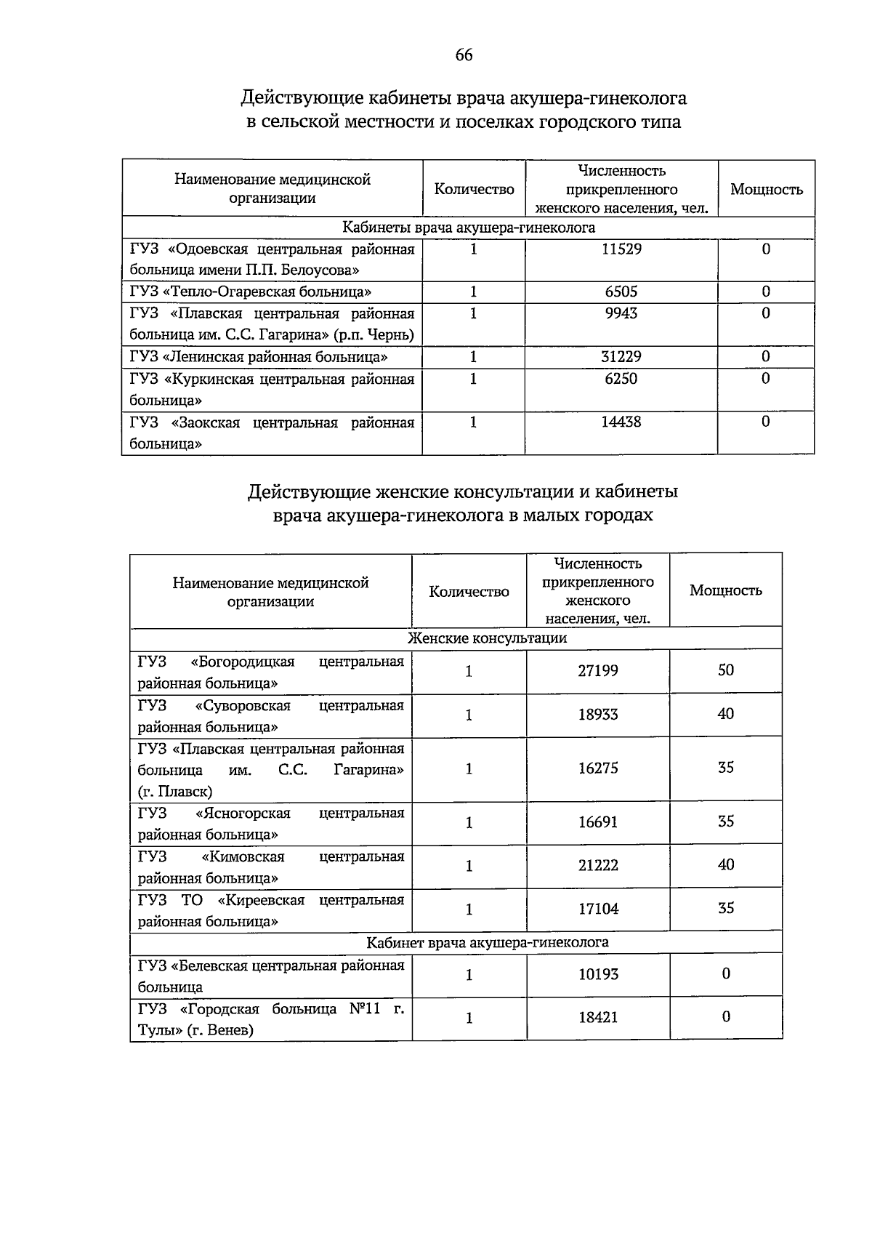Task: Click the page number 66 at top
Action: click(x=464, y=55)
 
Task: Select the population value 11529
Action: click(x=621, y=249)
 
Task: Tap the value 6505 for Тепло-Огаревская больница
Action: click(x=621, y=292)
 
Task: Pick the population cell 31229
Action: click(x=621, y=357)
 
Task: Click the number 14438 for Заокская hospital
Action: click(x=621, y=422)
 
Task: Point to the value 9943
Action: click(x=621, y=313)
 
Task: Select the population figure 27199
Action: click(x=598, y=670)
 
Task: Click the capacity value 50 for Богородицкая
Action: click(x=726, y=670)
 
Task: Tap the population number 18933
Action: click(x=598, y=715)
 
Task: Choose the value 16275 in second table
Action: click(x=598, y=768)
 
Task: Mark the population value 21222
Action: click(x=598, y=865)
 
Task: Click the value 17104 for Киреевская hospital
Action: click(x=598, y=909)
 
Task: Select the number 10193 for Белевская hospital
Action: click(x=598, y=974)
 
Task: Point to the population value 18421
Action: click(x=598, y=1017)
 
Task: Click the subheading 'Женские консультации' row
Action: click(x=487, y=638)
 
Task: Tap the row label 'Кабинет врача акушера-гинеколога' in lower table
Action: click(x=487, y=943)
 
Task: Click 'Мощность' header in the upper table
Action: click(x=767, y=190)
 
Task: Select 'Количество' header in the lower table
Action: click(x=469, y=592)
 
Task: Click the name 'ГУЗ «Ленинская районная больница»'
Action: click(x=259, y=357)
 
